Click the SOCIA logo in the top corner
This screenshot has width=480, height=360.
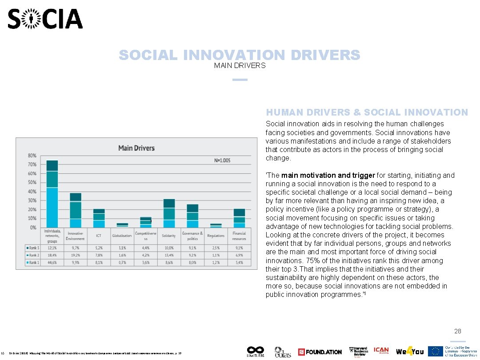pos(45,19)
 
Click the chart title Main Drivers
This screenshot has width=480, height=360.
pos(136,148)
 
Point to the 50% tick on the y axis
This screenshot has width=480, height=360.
pos(32,182)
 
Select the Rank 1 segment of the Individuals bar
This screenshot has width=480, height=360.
pos(52,208)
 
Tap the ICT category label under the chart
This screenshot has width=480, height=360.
pos(99,236)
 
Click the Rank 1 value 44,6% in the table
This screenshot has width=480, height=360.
pos(52,263)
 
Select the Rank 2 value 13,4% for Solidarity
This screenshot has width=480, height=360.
pos(169,255)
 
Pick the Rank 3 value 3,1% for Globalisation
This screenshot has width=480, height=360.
pos(122,248)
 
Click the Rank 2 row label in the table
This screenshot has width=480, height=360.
pos(34,255)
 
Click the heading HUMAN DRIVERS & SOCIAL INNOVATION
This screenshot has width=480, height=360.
pos(367,113)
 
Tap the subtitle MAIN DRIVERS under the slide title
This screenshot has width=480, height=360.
pos(240,66)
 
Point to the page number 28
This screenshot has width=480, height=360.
pos(457,331)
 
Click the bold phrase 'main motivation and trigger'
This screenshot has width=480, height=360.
pos(328,175)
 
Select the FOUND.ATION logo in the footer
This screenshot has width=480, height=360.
pos(320,352)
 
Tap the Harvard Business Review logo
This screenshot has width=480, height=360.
pos(359,352)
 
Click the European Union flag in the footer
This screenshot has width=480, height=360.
pos(435,352)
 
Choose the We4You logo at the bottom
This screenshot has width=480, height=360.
pos(410,352)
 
